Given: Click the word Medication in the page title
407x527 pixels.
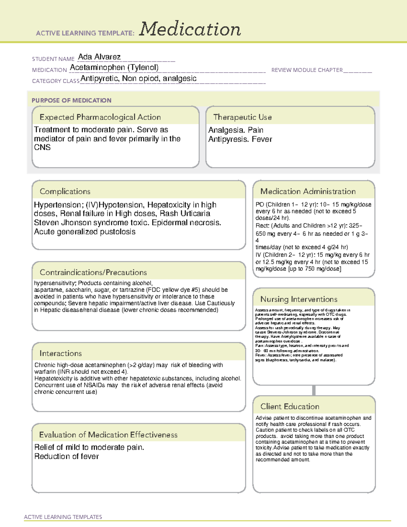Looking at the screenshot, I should [190, 29].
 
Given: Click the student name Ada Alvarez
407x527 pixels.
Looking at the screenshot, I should [99, 57].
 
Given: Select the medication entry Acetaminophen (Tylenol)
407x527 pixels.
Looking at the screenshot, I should [114, 68].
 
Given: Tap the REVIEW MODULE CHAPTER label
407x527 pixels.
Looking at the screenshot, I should [307, 70].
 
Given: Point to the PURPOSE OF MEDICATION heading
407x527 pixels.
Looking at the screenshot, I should [71, 100].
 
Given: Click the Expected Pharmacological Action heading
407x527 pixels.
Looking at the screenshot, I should [100, 117].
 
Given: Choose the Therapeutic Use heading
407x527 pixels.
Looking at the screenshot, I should [242, 117].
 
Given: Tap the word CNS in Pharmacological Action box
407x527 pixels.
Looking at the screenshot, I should [42, 148].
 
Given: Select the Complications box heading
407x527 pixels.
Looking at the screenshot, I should [65, 191].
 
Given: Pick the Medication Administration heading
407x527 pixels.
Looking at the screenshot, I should [308, 191].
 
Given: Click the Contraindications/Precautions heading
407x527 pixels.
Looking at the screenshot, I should [93, 272].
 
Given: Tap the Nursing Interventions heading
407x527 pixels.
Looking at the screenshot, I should [298, 299].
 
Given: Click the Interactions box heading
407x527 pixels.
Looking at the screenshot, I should [60, 353].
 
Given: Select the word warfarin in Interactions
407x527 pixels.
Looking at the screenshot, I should [45, 372].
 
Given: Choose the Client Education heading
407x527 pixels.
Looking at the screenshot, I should [290, 406].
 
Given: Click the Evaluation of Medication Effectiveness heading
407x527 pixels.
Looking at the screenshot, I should [108, 435].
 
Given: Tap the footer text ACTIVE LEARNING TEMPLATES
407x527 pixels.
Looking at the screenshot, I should [63, 517].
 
